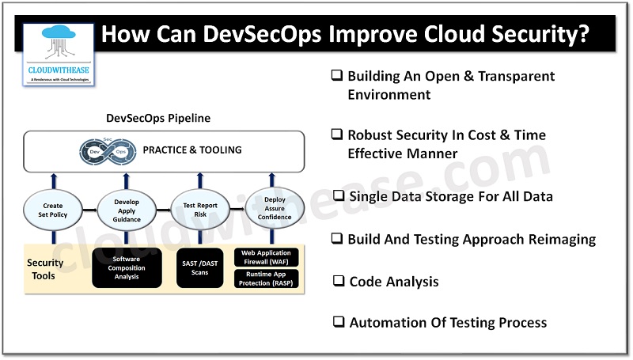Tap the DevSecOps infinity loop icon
pyautogui.click(x=106, y=150)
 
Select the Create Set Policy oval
pyautogui.click(x=53, y=211)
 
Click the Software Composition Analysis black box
pyautogui.click(x=127, y=268)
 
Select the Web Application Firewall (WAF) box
pyautogui.click(x=266, y=257)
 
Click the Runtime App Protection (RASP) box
pyautogui.click(x=266, y=279)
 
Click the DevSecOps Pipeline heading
pyautogui.click(x=158, y=119)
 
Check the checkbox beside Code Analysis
pyautogui.click(x=338, y=280)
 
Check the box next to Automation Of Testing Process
pyautogui.click(x=338, y=321)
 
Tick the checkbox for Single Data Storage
pyautogui.click(x=338, y=195)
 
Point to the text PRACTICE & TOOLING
pyautogui.click(x=192, y=150)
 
